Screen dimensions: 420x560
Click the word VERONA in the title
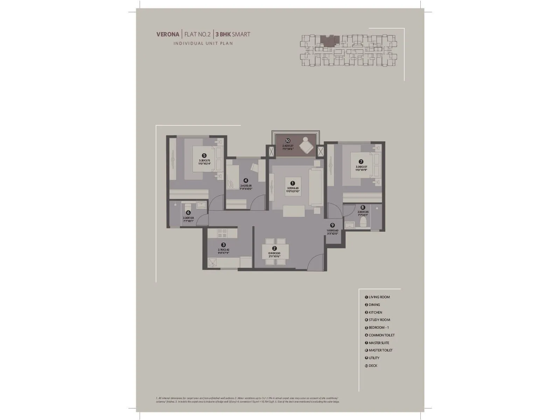pyautogui.click(x=168, y=34)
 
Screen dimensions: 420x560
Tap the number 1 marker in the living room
pyautogui.click(x=293, y=183)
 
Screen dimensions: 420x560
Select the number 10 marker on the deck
pyautogui.click(x=288, y=141)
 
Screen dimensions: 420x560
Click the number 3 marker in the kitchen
pyautogui.click(x=223, y=245)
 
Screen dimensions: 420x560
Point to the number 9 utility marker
pyautogui.click(x=332, y=225)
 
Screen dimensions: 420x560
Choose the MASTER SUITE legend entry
pyautogui.click(x=378, y=343)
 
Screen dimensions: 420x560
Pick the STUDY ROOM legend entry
pyautogui.click(x=379, y=320)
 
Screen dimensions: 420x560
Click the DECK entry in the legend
pyautogui.click(x=373, y=366)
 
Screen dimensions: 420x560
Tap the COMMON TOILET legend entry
pyautogui.click(x=381, y=335)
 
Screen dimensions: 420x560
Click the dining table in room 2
pyautogui.click(x=275, y=251)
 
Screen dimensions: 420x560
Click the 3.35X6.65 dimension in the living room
pyautogui.click(x=293, y=188)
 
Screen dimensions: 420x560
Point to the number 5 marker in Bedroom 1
pyautogui.click(x=204, y=155)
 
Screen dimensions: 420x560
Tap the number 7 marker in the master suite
pyautogui.click(x=361, y=162)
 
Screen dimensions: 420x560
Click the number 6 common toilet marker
pyautogui.click(x=188, y=212)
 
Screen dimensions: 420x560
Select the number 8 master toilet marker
pyautogui.click(x=363, y=208)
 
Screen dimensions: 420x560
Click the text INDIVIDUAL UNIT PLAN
pyautogui.click(x=203, y=43)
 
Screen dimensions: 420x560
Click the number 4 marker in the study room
pyautogui.click(x=246, y=181)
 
